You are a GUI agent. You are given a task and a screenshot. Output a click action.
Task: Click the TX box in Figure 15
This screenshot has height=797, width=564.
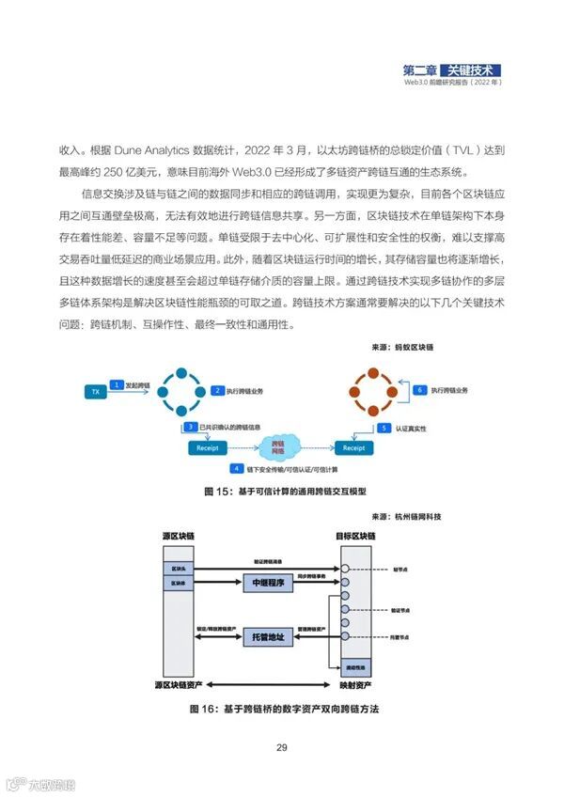pyautogui.click(x=95, y=390)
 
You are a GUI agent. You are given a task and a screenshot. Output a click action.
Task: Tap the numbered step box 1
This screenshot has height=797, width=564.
pyautogui.click(x=116, y=384)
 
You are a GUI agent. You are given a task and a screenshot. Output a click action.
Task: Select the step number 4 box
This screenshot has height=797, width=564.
pyautogui.click(x=239, y=467)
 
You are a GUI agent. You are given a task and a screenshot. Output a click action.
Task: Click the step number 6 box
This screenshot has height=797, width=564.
pyautogui.click(x=420, y=388)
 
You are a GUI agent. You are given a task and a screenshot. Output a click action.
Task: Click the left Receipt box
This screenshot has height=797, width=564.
pyautogui.click(x=208, y=447)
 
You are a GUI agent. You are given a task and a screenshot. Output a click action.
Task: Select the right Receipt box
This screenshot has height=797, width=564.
pyautogui.click(x=353, y=447)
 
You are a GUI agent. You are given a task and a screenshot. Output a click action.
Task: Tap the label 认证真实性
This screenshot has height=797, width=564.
pyautogui.click(x=413, y=428)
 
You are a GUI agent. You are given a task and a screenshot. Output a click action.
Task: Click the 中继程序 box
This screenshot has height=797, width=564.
pyautogui.click(x=269, y=584)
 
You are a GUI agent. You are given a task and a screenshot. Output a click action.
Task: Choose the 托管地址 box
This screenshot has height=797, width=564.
pyautogui.click(x=269, y=637)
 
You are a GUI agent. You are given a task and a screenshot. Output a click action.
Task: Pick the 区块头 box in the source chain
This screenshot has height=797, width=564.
pyautogui.click(x=178, y=569)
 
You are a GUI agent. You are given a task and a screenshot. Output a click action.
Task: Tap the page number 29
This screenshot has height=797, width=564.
pyautogui.click(x=281, y=748)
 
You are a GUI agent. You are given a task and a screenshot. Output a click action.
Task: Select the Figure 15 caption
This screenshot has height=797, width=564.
pyautogui.click(x=285, y=491)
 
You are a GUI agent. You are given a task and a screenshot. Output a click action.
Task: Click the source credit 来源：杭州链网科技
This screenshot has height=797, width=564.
pyautogui.click(x=407, y=516)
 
